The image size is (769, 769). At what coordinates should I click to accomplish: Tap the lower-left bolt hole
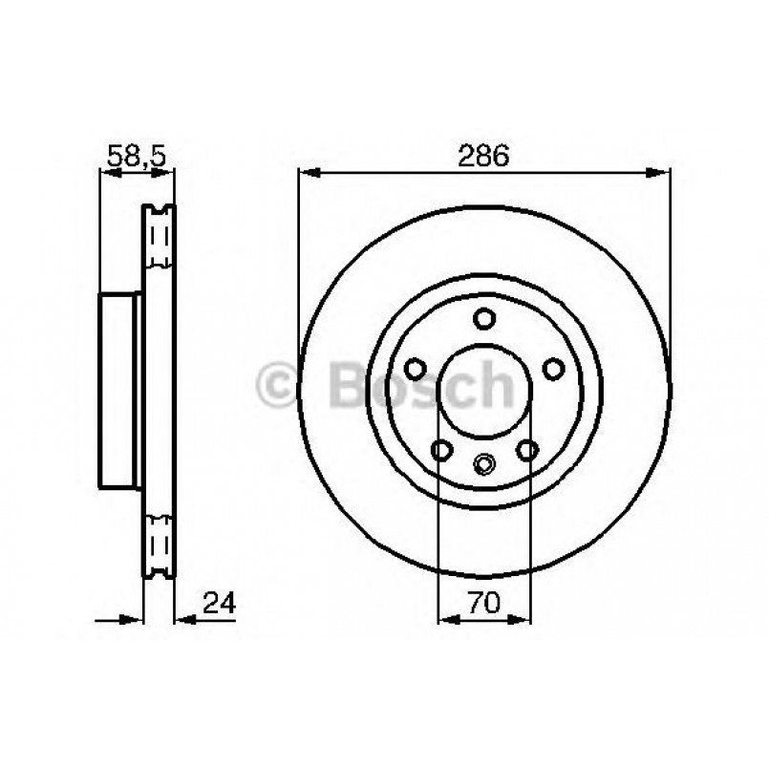[441, 448]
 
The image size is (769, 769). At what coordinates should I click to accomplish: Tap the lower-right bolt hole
[525, 448]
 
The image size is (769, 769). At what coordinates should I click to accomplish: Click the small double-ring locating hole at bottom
[483, 466]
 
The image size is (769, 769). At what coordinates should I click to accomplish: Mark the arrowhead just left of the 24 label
[183, 619]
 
